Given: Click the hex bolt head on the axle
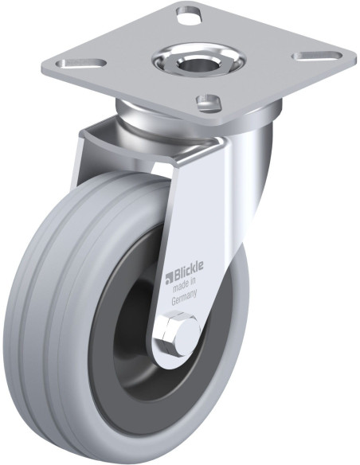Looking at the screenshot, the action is click(174, 331).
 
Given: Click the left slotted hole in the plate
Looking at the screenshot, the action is click(81, 63).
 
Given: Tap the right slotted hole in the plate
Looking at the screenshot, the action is click(317, 56).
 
